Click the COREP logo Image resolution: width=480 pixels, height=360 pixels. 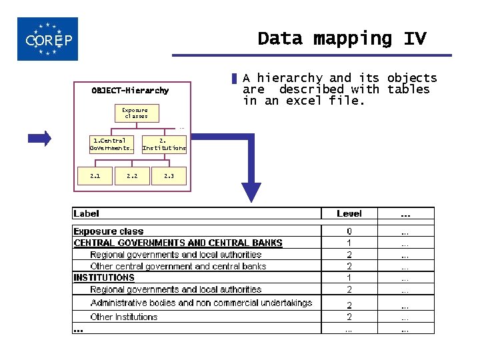[48, 39]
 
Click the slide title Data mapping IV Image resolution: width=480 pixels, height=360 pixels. [341, 39]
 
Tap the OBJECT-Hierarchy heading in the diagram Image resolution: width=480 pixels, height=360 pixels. [130, 91]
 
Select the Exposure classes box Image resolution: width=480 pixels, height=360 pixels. [135, 113]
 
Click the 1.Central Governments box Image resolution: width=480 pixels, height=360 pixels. [112, 145]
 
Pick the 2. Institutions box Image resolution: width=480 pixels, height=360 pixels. [164, 145]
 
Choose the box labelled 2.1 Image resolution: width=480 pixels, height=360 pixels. [95, 176]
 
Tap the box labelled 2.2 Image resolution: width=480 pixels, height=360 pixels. [132, 176]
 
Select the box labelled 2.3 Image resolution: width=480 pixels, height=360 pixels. [169, 176]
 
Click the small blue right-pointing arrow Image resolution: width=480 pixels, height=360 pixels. [39, 139]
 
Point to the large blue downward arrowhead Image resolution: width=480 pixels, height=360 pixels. [251, 191]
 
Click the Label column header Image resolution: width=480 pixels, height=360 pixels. [86, 213]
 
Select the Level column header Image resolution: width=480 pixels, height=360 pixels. [349, 213]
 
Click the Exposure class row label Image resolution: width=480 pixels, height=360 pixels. [108, 231]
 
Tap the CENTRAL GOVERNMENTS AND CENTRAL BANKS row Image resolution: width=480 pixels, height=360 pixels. [178, 243]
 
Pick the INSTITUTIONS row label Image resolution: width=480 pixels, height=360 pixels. [104, 277]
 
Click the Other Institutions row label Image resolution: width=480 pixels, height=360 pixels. [124, 317]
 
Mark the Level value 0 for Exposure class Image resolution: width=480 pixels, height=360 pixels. [349, 231]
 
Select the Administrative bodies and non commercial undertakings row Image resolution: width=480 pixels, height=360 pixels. [201, 303]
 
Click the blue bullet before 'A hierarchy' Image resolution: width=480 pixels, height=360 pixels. [235, 79]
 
